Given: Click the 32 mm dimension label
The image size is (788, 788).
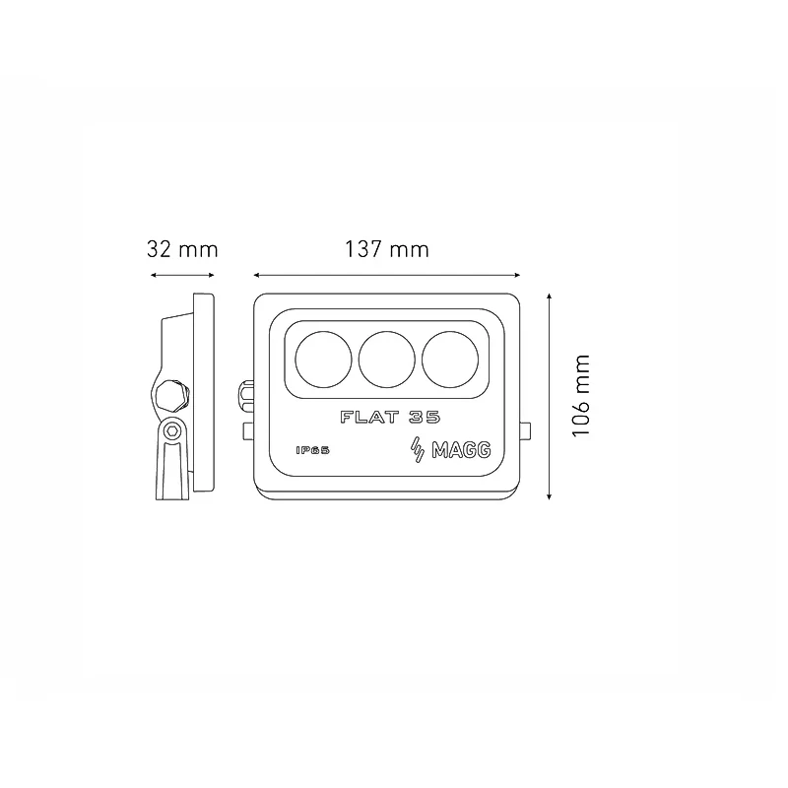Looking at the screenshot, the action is pyautogui.click(x=182, y=249).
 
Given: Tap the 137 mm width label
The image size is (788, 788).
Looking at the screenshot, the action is pyautogui.click(x=387, y=249).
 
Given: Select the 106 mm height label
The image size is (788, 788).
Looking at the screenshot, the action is pyautogui.click(x=580, y=396).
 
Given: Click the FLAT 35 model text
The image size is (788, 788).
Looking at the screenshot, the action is pyautogui.click(x=390, y=417).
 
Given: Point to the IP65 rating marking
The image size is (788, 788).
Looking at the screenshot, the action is pyautogui.click(x=312, y=450).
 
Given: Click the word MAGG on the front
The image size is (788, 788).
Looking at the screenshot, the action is pyautogui.click(x=461, y=450).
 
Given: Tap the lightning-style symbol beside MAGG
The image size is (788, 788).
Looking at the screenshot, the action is pyautogui.click(x=418, y=450).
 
